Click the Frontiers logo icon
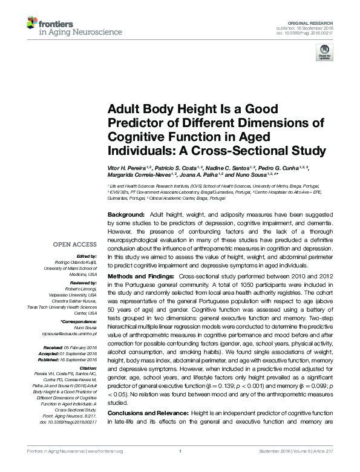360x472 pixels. tap(32, 23)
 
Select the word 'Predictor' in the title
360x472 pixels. tap(134, 124)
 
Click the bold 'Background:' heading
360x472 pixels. tap(126, 215)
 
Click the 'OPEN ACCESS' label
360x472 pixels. tap(75, 244)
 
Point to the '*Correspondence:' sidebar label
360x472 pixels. tap(79, 321)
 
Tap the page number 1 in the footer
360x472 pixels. tap(180, 468)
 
